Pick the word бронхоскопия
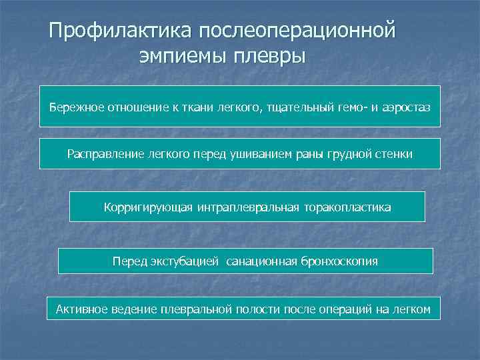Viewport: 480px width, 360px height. coord(339,261)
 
